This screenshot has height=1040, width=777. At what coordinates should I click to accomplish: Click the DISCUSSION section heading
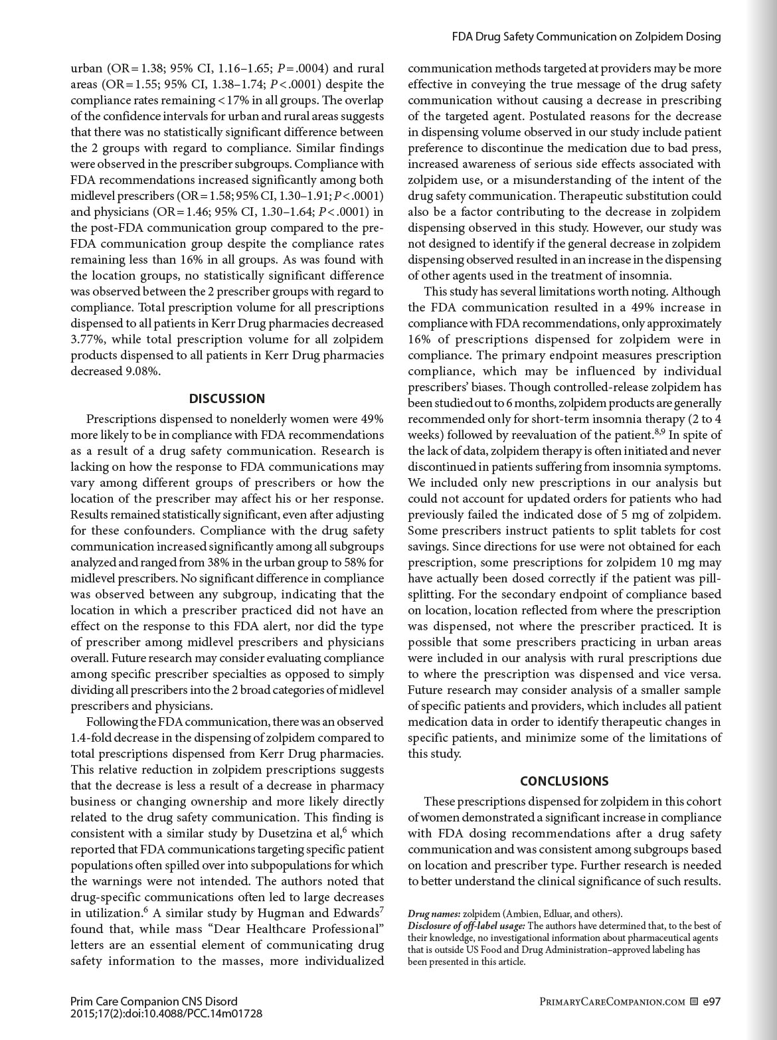click(x=227, y=398)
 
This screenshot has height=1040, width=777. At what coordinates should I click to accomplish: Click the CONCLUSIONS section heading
click(x=564, y=781)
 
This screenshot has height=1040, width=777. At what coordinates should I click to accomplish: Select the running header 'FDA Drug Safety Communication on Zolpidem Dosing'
click(x=586, y=37)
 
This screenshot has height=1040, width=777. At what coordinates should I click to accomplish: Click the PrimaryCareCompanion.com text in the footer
click(x=612, y=1002)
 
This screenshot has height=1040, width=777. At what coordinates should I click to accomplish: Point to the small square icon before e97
click(x=693, y=1002)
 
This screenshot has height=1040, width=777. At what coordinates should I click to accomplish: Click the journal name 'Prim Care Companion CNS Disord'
click(x=153, y=1001)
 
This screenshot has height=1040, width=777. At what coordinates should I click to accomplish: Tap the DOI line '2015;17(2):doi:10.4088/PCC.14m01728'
click(x=166, y=1013)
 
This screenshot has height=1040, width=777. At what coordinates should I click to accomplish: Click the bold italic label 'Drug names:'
click(x=434, y=914)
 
